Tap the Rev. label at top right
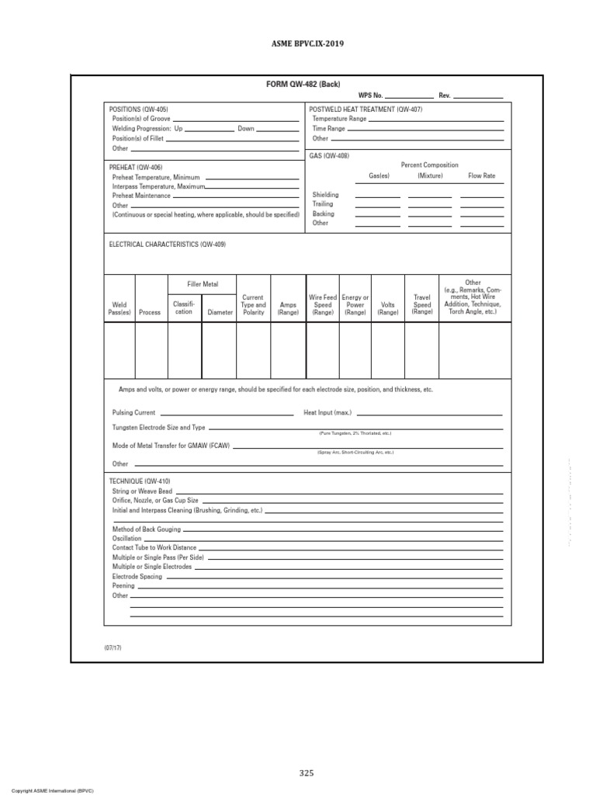tap(445, 95)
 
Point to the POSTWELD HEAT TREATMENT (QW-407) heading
tap(366, 109)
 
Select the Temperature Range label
tap(339, 119)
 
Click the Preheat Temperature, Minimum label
tap(156, 177)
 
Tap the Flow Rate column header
tap(481, 176)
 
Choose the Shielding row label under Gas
tap(325, 195)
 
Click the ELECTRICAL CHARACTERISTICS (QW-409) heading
tap(168, 244)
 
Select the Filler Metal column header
tap(203, 284)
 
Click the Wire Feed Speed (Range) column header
tap(322, 304)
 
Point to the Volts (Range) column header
tap(388, 308)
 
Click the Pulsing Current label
tap(133, 413)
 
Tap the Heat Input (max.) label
tap(327, 413)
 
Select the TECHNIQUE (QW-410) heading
tap(140, 481)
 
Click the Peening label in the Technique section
tap(123, 586)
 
